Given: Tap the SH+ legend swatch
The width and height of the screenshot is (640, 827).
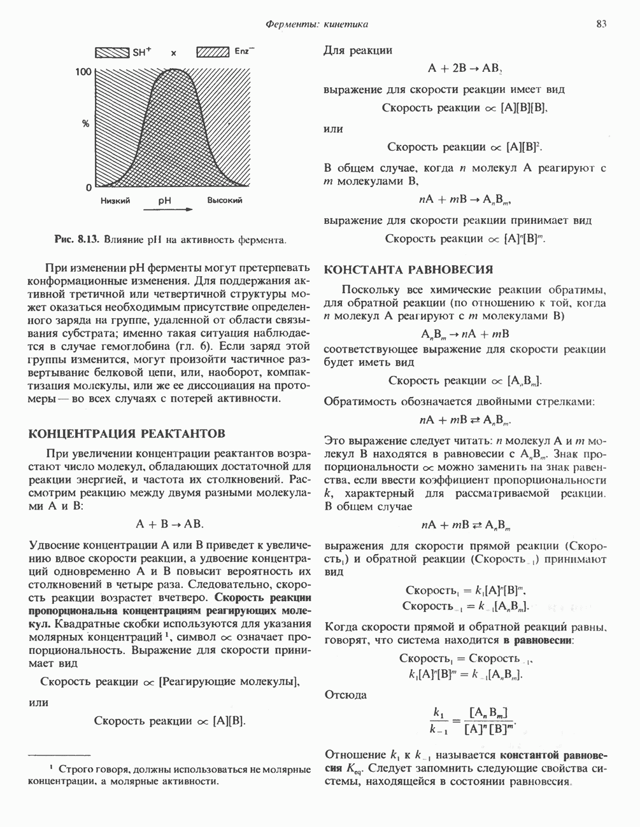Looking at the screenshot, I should coord(113,53).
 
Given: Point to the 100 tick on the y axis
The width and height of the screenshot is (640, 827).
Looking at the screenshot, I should coord(83,73).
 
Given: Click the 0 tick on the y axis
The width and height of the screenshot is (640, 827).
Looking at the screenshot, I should coord(89,188).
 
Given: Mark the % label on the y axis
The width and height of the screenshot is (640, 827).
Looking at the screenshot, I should coord(85,123).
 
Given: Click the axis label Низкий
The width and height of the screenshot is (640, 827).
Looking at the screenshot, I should coord(115,201).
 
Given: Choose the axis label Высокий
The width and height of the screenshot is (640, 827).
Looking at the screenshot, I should coord(224,201).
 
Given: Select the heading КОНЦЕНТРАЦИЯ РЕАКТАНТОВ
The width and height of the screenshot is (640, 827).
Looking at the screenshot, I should coord(127,434).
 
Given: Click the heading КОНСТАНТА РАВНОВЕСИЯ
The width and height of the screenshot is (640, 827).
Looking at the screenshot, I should coord(408,270).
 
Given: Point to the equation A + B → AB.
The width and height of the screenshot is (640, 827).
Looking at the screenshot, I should coord(170,524).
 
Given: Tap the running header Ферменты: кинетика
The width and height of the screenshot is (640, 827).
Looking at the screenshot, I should coord(316,24).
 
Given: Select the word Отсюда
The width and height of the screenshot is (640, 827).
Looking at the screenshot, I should coord(345,695).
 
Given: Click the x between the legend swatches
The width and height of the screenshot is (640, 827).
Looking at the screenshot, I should coord(173,53).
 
